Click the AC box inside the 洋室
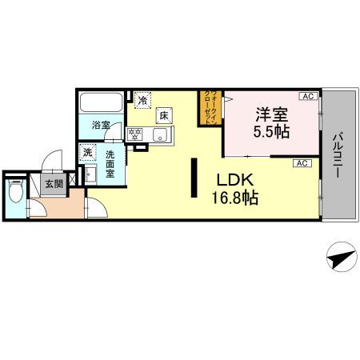click(x=306, y=97)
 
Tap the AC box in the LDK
click(x=302, y=163)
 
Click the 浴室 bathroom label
click(x=100, y=126)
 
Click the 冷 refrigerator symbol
click(x=142, y=101)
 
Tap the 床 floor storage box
click(x=165, y=116)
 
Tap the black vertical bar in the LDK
click(x=194, y=178)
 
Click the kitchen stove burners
click(x=135, y=133)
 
